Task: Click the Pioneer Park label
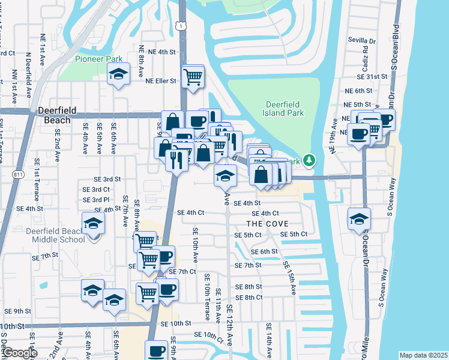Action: coord(99,59)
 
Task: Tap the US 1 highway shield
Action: coord(179,26)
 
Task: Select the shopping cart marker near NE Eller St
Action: coord(193,77)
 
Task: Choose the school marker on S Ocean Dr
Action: coord(359,219)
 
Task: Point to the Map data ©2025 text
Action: coord(423,355)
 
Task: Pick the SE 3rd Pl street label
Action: coord(96,199)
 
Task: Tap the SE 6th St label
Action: coord(264,251)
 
